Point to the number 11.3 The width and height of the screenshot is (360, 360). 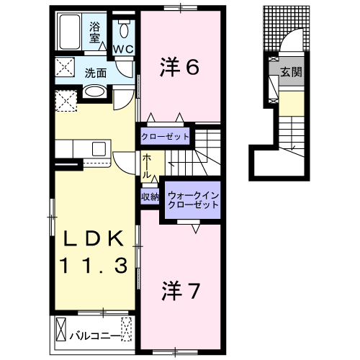[94, 265]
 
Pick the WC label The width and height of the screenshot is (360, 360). [122, 50]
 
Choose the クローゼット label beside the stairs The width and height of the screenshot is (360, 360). [165, 136]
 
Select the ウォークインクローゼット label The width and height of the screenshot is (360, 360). [192, 199]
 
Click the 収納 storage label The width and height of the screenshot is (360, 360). [150, 196]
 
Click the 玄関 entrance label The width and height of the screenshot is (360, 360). [291, 73]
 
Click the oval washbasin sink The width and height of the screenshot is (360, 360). [94, 92]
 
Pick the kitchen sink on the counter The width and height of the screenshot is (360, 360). [97, 149]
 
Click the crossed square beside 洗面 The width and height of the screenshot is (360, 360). [67, 71]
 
